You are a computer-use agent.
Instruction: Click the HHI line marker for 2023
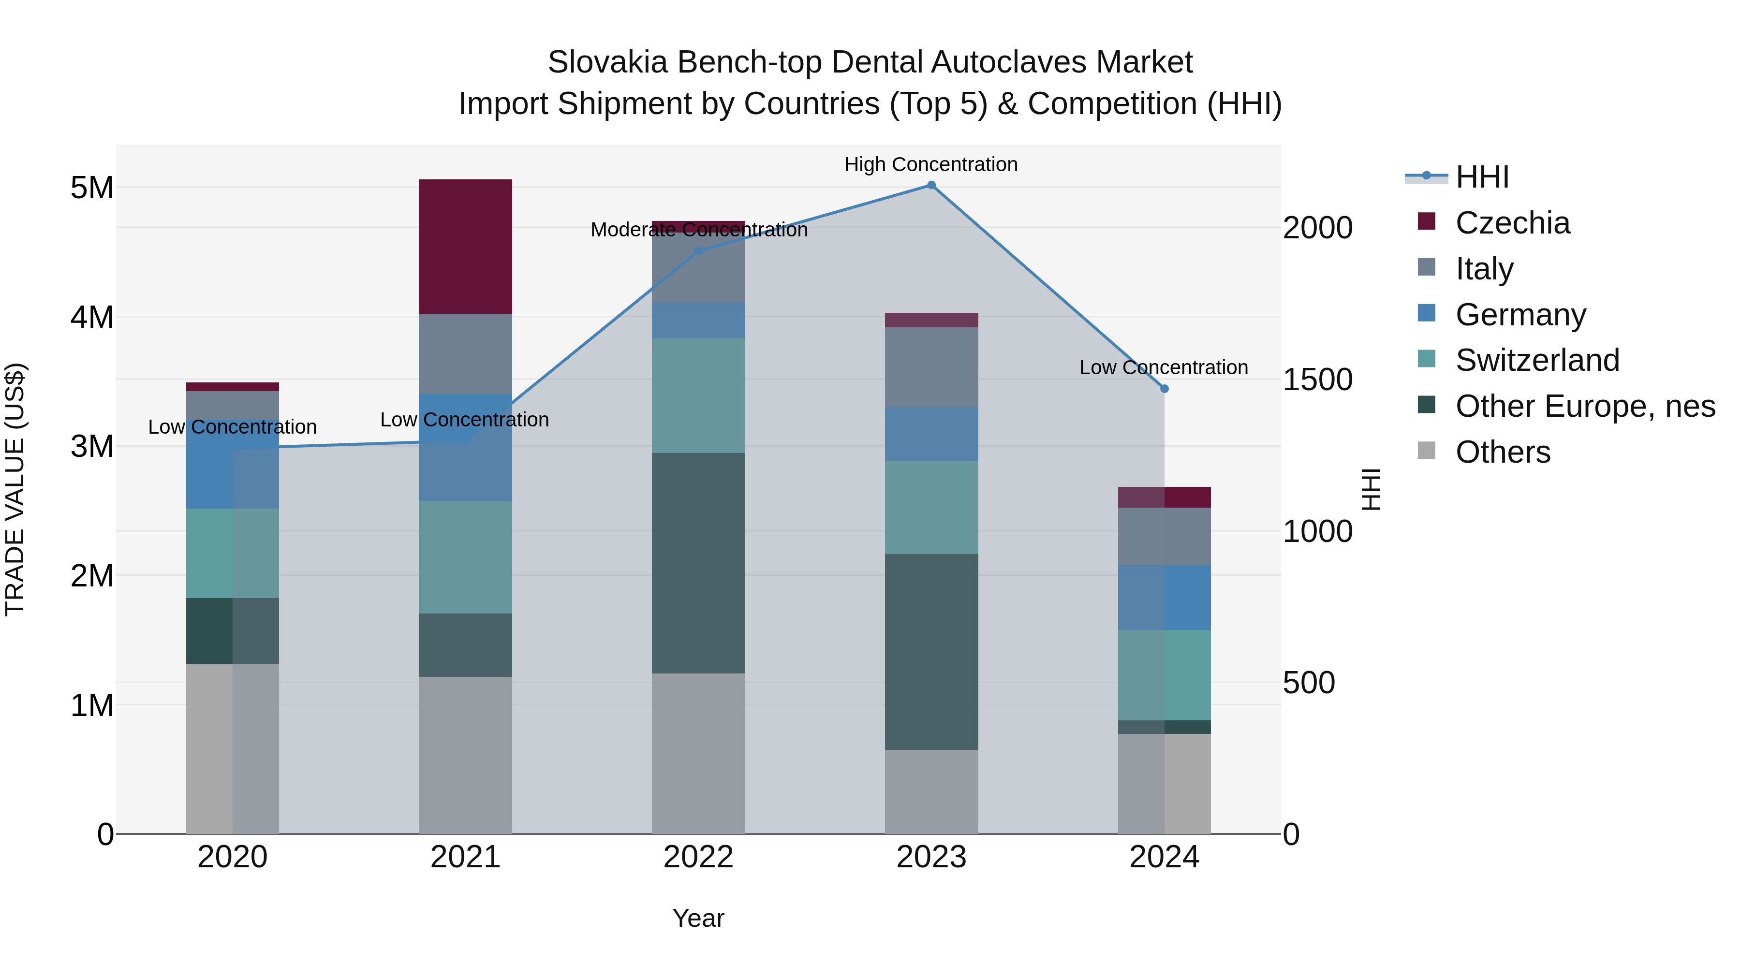click(x=931, y=185)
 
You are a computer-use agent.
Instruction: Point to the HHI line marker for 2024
click(x=1164, y=389)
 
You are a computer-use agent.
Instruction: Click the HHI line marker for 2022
click(x=699, y=251)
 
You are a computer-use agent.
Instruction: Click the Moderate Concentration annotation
click(x=699, y=230)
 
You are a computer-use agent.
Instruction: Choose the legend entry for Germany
click(x=1520, y=315)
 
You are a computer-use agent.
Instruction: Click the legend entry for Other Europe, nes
click(x=1585, y=406)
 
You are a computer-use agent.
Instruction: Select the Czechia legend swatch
click(x=1426, y=221)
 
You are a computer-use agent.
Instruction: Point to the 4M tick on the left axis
click(x=92, y=317)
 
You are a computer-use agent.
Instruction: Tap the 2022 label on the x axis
click(x=698, y=857)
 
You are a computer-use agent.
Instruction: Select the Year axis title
click(x=698, y=918)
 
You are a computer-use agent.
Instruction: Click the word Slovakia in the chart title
click(x=607, y=62)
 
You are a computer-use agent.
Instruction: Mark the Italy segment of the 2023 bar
click(x=931, y=367)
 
